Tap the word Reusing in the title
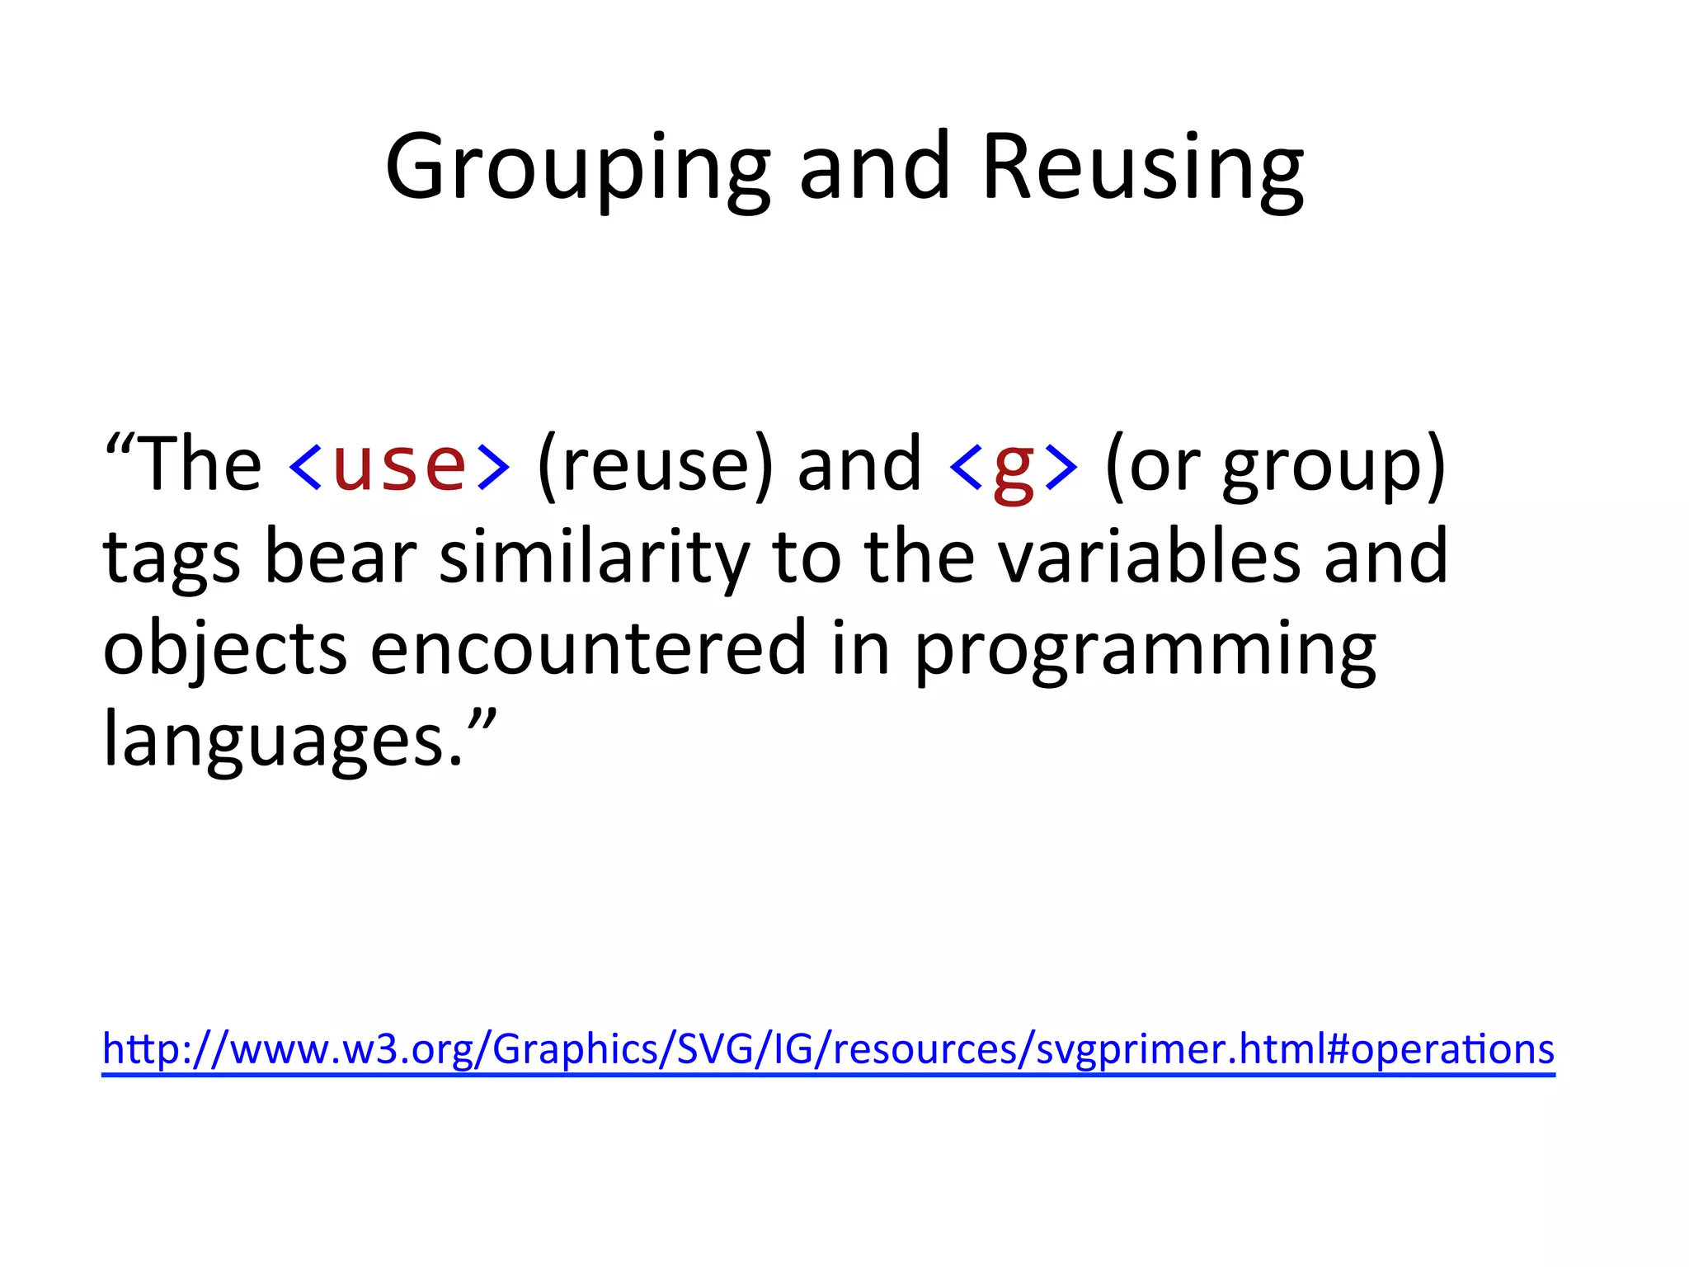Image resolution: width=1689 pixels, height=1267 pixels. [1142, 169]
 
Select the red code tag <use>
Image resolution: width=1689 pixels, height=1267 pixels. [399, 466]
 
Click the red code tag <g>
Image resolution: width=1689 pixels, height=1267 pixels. [1014, 469]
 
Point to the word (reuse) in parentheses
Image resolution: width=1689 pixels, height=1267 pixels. [656, 466]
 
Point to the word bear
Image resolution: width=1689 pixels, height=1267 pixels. [340, 558]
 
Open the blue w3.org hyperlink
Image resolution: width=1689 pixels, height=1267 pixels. [827, 1050]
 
